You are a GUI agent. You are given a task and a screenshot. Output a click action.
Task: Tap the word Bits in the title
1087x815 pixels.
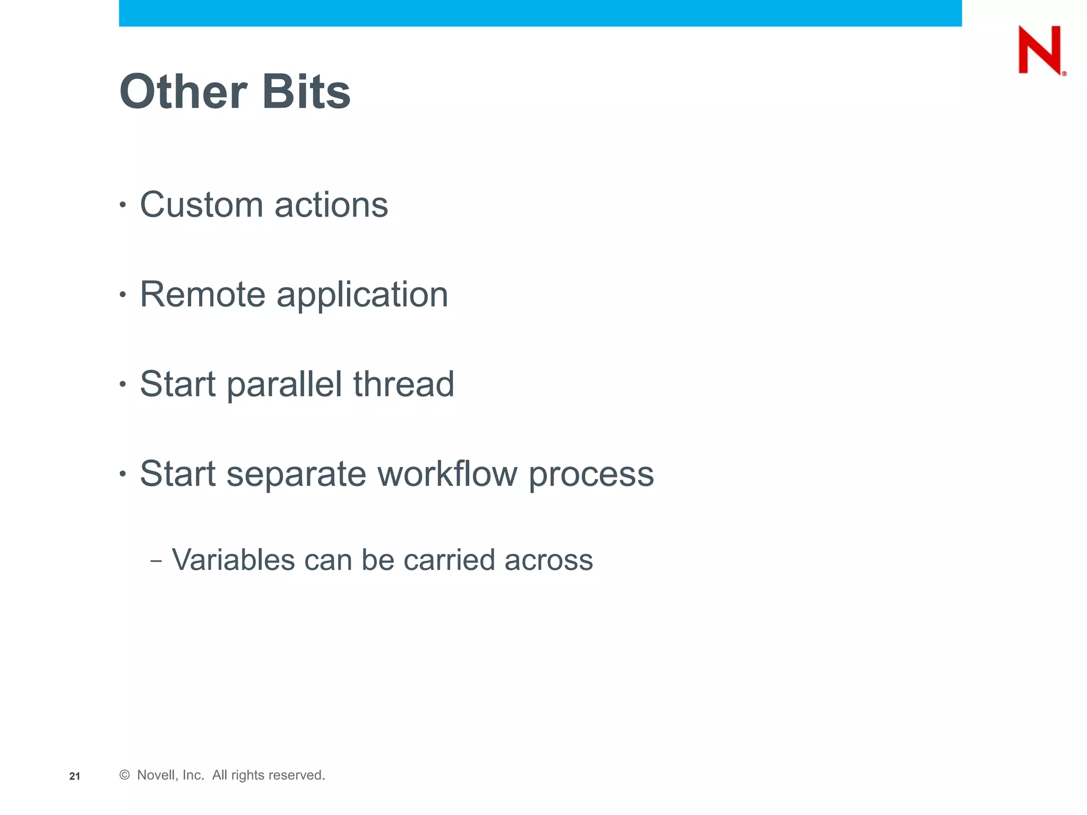[306, 92]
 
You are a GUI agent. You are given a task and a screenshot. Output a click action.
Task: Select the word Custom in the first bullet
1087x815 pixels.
[201, 205]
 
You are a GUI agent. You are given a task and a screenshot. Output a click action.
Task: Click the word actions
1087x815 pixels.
[331, 205]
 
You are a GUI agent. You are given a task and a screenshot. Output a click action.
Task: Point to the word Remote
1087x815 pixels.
[202, 294]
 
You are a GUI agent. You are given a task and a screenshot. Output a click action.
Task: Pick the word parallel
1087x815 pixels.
[284, 385]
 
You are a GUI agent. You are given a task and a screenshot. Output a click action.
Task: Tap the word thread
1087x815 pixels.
[403, 384]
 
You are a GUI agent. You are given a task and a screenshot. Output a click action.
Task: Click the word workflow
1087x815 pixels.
[447, 474]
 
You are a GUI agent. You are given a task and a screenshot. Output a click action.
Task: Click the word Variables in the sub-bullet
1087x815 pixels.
[233, 560]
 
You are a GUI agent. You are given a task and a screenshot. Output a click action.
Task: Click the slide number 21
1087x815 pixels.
[75, 776]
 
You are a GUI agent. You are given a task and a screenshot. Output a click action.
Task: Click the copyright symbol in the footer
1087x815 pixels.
[124, 775]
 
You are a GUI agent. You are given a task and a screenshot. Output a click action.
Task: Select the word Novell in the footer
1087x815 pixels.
[155, 775]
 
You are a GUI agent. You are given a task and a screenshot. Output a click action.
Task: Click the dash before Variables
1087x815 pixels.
[156, 561]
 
